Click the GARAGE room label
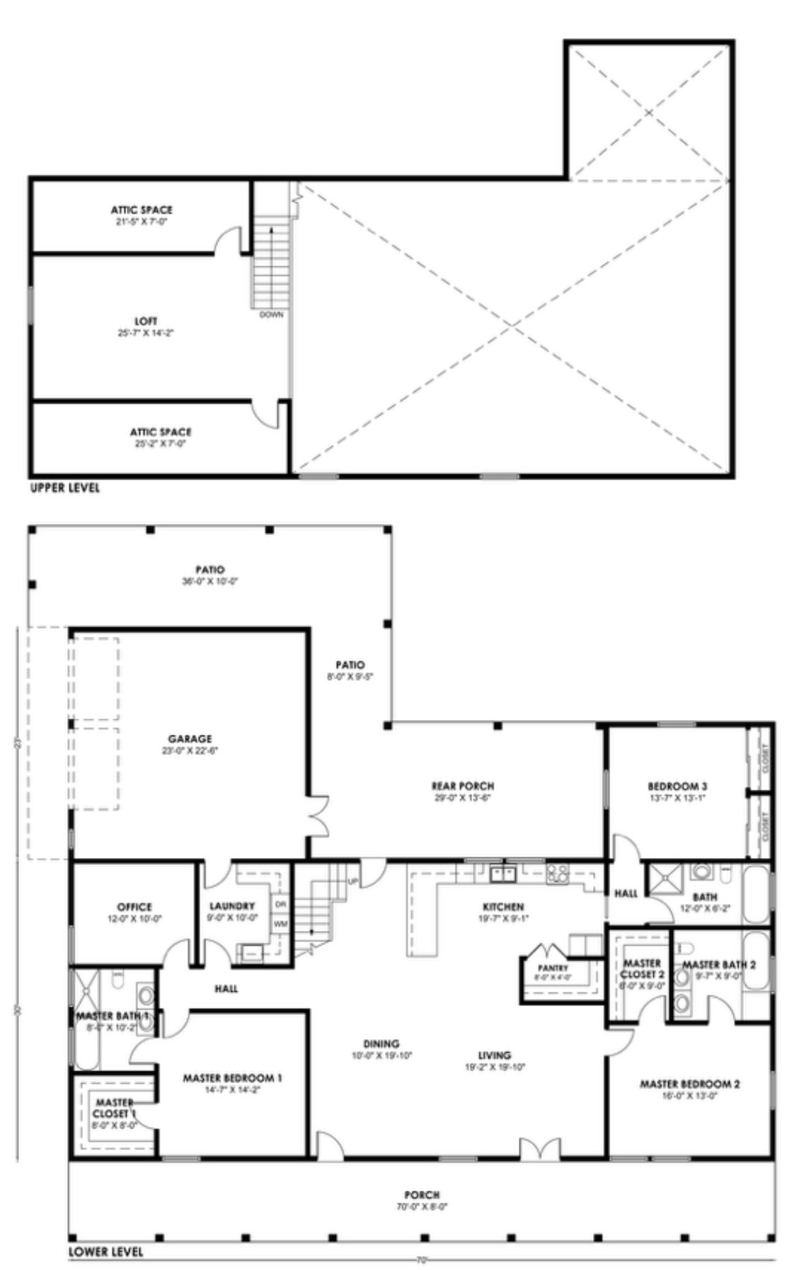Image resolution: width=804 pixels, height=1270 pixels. coord(190,739)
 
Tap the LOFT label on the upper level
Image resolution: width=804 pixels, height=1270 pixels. coord(146,321)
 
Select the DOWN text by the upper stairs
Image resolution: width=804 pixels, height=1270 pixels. coord(271,314)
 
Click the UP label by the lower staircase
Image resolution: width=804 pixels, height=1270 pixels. coord(353,881)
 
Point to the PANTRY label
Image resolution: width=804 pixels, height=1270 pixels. coord(553,968)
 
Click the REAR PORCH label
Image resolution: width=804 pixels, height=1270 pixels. coord(463,786)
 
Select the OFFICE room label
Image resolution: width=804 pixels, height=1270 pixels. coord(134,907)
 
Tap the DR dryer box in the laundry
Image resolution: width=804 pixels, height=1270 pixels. coord(280,905)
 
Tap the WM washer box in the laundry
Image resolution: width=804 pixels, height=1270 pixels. coord(280,924)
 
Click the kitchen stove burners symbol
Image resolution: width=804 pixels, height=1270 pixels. coord(557,874)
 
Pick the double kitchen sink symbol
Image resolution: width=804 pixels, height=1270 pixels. coord(503,874)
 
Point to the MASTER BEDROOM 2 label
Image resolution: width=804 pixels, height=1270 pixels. coord(689,1084)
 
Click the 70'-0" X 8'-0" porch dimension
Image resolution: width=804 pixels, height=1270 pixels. coord(423,1206)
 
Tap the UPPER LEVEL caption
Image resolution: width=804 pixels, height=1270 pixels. coord(65,488)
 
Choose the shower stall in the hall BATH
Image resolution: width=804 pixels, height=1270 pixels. coord(664,879)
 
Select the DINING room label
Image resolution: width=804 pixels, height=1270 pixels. coord(381,1043)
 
